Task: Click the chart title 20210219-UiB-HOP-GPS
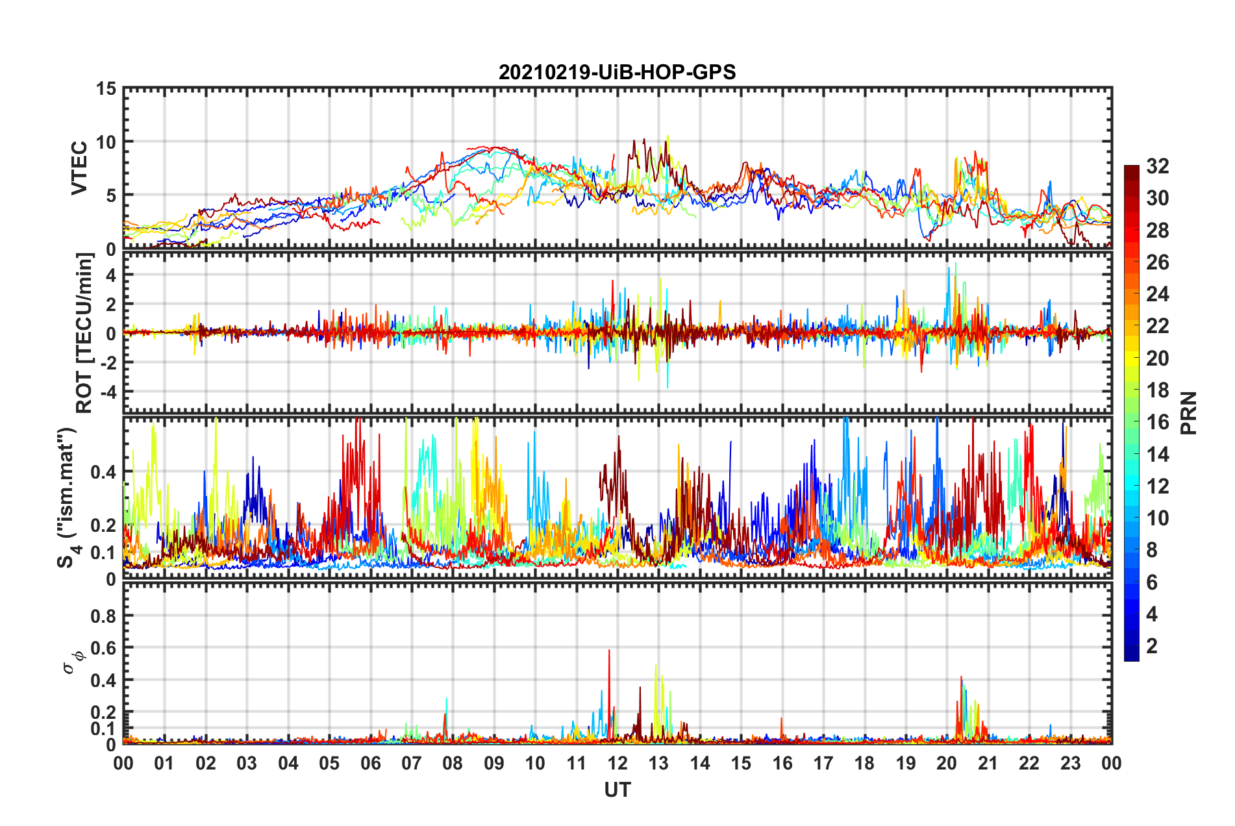pos(617,72)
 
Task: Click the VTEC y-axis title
pos(79,168)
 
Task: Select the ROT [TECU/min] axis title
pos(84,333)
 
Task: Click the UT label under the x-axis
pos(617,790)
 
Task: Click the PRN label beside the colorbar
pos(1189,413)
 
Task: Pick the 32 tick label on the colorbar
pos(1157,166)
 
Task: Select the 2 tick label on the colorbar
pos(1152,645)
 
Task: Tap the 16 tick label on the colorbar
pos(1157,422)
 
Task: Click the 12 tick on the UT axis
pos(617,763)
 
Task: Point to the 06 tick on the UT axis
pos(370,763)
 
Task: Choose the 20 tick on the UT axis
pos(947,763)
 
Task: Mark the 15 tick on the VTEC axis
pos(106,88)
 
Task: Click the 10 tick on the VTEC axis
pos(106,142)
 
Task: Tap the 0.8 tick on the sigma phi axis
pos(104,616)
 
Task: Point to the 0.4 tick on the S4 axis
pos(104,472)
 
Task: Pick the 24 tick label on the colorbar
pos(1157,294)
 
